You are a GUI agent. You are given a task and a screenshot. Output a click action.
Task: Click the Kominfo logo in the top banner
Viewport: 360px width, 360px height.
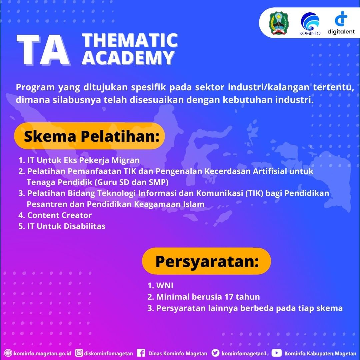[310, 23]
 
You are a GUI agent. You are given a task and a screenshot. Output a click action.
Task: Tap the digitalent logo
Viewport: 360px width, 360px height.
[341, 23]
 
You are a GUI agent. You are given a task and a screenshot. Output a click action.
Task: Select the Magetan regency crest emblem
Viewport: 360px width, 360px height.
[278, 23]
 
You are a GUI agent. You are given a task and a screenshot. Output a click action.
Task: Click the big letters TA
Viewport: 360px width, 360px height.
[43, 50]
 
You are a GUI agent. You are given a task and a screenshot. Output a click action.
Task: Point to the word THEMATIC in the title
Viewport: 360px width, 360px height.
[130, 40]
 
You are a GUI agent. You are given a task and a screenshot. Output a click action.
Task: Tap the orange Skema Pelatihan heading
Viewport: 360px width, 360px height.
[90, 136]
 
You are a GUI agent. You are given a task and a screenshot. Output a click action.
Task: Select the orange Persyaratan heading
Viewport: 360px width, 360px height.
[206, 261]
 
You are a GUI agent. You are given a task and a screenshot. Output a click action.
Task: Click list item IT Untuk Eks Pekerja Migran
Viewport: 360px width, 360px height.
[79, 160]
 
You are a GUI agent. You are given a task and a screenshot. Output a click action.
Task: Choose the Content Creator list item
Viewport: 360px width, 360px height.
[55, 215]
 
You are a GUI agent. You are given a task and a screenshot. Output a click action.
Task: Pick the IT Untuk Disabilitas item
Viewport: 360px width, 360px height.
[62, 226]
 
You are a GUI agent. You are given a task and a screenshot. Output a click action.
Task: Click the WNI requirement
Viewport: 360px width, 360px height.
[160, 286]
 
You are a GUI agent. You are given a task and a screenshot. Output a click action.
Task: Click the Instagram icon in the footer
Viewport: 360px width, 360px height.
[79, 353]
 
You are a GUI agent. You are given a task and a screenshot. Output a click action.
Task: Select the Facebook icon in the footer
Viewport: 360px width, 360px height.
[141, 353]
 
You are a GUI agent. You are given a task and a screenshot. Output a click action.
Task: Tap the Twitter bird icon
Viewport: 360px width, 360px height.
[215, 353]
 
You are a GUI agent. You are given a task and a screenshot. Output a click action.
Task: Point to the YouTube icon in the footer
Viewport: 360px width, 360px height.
[276, 353]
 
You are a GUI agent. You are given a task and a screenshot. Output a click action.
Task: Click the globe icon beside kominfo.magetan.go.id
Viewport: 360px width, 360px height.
[8, 353]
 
